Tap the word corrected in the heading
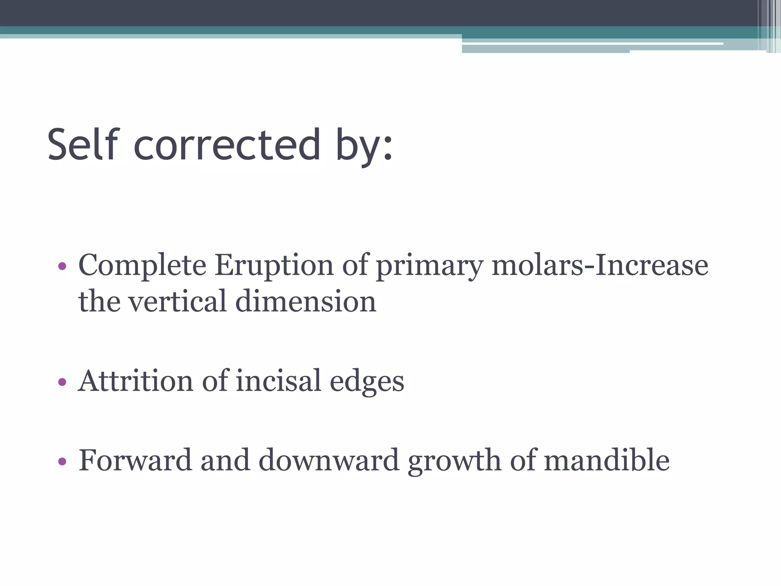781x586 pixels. (227, 145)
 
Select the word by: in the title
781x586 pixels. (364, 147)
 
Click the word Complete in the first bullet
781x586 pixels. (142, 266)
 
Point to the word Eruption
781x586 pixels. (274, 266)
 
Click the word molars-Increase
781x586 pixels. (600, 266)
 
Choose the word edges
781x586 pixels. (366, 382)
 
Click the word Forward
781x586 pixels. (135, 460)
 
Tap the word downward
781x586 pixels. (329, 460)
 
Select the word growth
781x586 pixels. (454, 462)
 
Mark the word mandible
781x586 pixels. (606, 460)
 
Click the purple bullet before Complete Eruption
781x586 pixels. (62, 266)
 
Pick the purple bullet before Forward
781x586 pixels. (62, 462)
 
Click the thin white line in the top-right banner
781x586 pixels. (591, 44)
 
